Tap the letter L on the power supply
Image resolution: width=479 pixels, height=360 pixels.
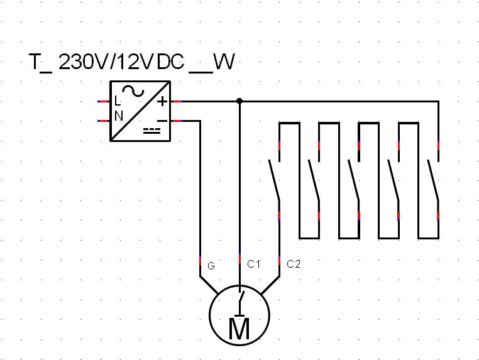(x=118, y=101)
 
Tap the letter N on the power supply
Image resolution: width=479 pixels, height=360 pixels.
(x=118, y=116)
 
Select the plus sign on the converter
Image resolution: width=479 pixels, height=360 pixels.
(x=162, y=101)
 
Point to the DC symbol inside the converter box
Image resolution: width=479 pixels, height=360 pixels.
(x=152, y=131)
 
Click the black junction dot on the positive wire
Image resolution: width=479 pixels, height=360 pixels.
(x=239, y=101)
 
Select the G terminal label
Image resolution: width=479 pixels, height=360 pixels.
(x=211, y=266)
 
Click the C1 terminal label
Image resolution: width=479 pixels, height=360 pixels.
(x=253, y=264)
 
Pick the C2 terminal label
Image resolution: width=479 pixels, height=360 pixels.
(x=293, y=264)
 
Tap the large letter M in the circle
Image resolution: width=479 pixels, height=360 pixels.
(x=239, y=329)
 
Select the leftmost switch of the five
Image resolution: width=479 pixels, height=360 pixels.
(x=274, y=180)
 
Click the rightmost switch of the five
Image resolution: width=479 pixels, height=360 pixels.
(x=433, y=180)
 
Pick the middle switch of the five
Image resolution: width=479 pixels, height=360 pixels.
(x=353, y=180)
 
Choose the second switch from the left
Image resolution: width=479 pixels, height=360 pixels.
(x=314, y=180)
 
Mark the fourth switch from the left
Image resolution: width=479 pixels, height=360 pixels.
(x=394, y=180)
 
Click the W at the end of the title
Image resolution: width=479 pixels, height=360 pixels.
(x=223, y=62)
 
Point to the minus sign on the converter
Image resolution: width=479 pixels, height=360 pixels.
(x=162, y=119)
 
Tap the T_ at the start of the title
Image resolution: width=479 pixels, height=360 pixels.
(x=40, y=63)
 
